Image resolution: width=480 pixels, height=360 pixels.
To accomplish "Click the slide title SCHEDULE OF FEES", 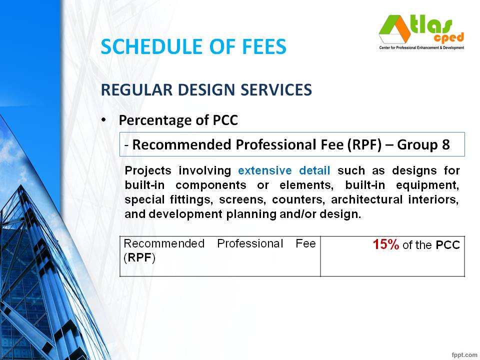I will (x=193, y=46).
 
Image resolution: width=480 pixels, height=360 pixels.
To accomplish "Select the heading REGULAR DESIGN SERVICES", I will (x=206, y=90).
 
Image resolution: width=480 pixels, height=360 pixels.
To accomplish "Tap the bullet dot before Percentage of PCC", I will (x=103, y=120).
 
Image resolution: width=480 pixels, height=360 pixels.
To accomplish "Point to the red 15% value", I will (x=385, y=244).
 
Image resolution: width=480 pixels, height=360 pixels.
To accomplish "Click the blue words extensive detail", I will (x=284, y=170).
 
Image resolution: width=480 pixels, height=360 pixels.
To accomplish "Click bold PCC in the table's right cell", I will (x=447, y=245).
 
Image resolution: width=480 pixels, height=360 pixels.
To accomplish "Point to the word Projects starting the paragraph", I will (x=149, y=170).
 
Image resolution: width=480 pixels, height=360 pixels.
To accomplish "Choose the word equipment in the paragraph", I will (x=433, y=185).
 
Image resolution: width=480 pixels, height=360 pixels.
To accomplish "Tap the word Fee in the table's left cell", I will (x=306, y=243).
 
